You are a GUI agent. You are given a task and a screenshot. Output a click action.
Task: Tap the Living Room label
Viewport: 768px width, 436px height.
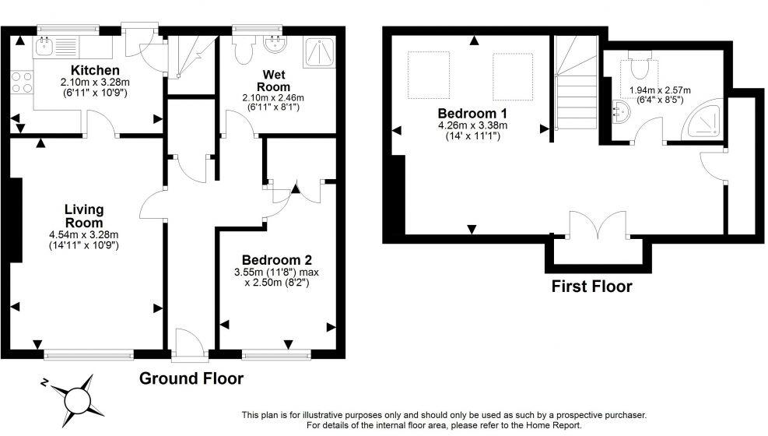(x=83, y=216)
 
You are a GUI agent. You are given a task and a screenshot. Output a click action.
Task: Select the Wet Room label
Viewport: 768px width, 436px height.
(x=275, y=80)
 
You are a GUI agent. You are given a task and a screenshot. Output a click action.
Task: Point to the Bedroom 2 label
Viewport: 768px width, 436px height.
(x=277, y=259)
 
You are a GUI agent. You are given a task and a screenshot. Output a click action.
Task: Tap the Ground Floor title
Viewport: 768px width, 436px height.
(x=191, y=379)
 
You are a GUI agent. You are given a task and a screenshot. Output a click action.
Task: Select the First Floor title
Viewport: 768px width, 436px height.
(x=591, y=286)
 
